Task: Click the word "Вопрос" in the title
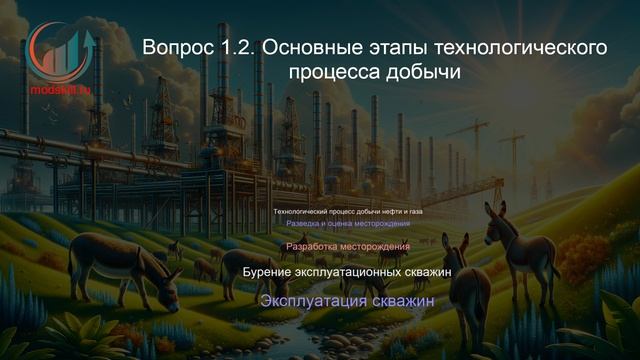(178, 47)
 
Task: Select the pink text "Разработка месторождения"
(347, 246)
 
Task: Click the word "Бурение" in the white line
(273, 271)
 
